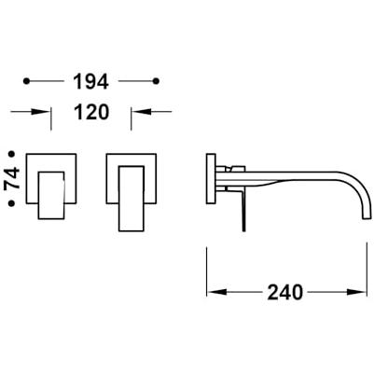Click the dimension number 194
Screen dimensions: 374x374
click(x=90, y=82)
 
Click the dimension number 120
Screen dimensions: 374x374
click(x=91, y=112)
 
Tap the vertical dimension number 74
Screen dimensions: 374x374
click(x=12, y=178)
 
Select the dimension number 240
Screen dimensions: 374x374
click(x=285, y=292)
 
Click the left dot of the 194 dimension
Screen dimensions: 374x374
click(x=27, y=81)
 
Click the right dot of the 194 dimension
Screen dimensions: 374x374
click(x=157, y=81)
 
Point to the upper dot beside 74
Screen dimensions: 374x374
click(x=12, y=154)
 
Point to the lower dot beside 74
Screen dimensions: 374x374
click(x=12, y=203)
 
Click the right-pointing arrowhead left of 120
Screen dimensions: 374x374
click(x=41, y=111)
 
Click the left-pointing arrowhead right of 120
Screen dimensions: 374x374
click(x=141, y=111)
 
